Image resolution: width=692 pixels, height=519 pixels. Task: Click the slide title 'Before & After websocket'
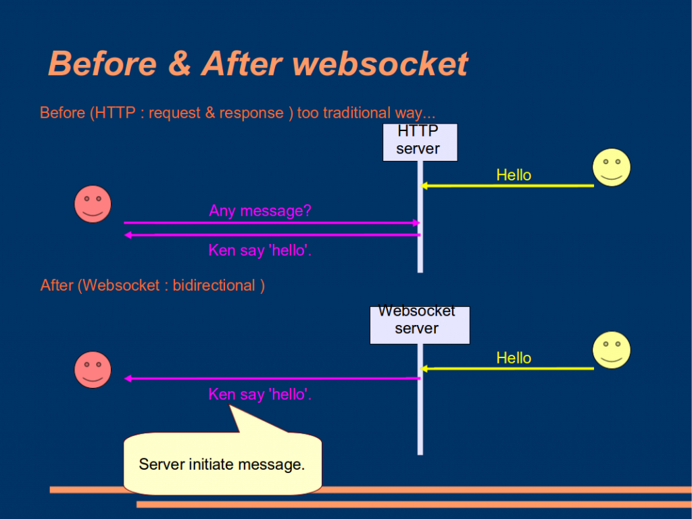coord(257,64)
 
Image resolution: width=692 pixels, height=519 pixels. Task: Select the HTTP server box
coord(420,142)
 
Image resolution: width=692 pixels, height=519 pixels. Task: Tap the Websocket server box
coord(419,325)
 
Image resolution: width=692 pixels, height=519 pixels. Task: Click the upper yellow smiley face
coord(611,168)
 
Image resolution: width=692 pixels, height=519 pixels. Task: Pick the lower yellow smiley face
coord(611,350)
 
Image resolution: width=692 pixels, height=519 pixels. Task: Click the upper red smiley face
coord(93,204)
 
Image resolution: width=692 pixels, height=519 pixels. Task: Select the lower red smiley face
coord(93,370)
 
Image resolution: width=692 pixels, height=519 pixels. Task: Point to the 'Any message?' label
coord(260,211)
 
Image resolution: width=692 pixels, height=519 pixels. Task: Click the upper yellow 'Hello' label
coord(514,175)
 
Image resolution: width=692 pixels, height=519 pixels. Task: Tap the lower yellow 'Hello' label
coord(514,358)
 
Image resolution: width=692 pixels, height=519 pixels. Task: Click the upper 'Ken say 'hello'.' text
coord(260,251)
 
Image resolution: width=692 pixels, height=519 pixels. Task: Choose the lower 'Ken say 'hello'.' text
coord(260,395)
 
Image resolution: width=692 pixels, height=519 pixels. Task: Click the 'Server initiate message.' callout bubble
coord(222,464)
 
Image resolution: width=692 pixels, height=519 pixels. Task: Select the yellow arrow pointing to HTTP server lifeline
coord(507,185)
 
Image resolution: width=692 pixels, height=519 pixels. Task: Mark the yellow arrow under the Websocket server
coord(507,368)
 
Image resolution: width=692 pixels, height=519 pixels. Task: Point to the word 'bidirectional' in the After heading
coord(214,285)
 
